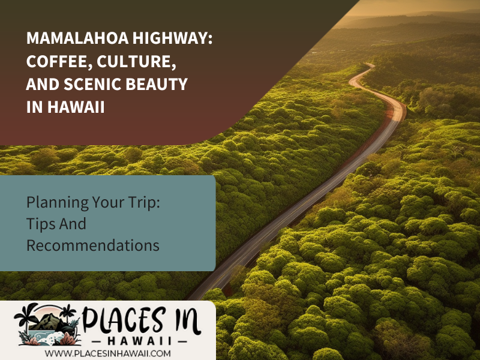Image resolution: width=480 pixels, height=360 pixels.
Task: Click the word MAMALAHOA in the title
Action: tap(77, 38)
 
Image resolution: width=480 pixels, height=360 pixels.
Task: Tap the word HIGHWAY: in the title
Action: tap(172, 38)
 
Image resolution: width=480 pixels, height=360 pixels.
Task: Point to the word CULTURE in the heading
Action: tap(136, 62)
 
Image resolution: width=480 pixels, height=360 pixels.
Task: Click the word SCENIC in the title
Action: tap(93, 84)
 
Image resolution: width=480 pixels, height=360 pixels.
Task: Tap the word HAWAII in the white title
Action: tap(76, 107)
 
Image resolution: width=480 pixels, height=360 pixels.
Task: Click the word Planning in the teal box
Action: tap(57, 203)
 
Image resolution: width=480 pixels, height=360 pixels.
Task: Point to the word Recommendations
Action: tap(93, 245)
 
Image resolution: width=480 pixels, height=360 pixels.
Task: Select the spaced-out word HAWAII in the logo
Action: tap(140, 341)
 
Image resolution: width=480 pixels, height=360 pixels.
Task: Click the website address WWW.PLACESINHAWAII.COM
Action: tap(108, 353)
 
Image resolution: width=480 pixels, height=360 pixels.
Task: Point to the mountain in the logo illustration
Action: tap(50, 322)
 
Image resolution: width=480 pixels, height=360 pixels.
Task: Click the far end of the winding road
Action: tap(370, 64)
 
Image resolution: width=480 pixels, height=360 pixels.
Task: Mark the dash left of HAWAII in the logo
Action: tap(98, 341)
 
